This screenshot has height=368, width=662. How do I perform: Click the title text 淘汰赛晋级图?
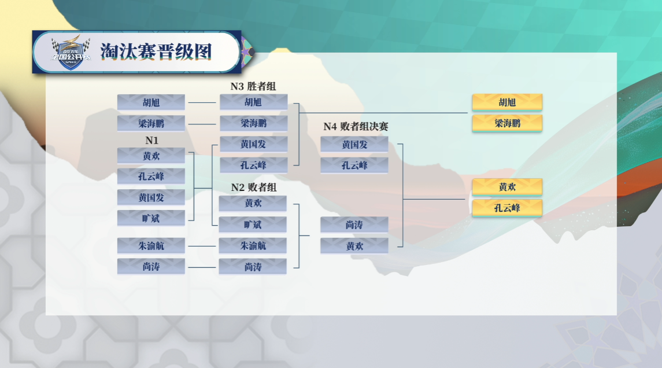pos(156,51)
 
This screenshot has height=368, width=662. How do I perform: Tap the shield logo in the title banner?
pos(71,53)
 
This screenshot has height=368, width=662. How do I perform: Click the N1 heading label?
pos(151,140)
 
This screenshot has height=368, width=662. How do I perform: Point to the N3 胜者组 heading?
pos(253,86)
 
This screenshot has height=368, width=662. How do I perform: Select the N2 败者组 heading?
pos(254,187)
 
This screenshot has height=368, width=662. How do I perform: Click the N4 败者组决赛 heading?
pos(356,126)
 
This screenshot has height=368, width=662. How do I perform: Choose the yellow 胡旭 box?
pos(507,102)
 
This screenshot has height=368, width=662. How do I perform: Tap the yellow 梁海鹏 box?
pos(507,123)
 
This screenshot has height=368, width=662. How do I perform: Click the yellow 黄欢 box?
pos(507,187)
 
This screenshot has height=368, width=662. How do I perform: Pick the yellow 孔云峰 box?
pos(507,208)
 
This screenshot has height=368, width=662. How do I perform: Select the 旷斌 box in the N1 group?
pos(151,219)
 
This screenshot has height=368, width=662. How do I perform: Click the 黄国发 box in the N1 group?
pos(151,197)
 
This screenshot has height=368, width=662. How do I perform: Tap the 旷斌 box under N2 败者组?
pos(253,225)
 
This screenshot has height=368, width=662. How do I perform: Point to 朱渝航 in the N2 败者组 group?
pos(253,245)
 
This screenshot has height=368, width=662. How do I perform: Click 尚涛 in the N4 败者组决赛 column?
pos(354,225)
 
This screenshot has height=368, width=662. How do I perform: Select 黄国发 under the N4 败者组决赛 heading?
pos(354,145)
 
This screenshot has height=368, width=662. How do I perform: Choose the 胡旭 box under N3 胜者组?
pos(253,102)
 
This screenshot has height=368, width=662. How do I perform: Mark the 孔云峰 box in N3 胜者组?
pos(253,165)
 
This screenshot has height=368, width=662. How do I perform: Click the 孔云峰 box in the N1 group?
pos(151,176)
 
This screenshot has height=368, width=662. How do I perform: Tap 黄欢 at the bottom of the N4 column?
pos(354,246)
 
